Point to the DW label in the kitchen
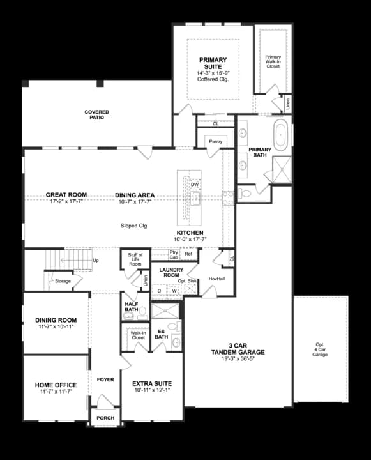coord(195,184)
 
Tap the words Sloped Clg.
coord(134,226)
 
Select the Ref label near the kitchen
coord(188,254)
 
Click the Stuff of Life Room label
coord(135,259)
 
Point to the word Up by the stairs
coord(96,261)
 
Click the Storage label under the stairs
coord(63,281)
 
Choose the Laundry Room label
coord(171,273)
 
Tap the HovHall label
coord(217,279)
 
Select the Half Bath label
coord(132,307)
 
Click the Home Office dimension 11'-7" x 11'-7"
coord(56,391)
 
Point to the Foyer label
coord(105,379)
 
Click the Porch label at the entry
coord(105,418)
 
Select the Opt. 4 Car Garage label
coord(320,349)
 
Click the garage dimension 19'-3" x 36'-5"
coord(239,358)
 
